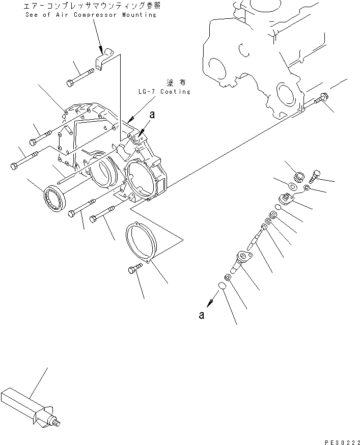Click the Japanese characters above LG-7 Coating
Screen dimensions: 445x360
tap(173, 81)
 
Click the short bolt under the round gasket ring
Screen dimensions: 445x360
tap(134, 270)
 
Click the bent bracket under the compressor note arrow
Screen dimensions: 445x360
tap(104, 59)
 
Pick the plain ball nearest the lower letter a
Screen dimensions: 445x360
tap(220, 286)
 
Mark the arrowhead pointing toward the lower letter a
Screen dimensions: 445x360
tap(211, 301)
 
